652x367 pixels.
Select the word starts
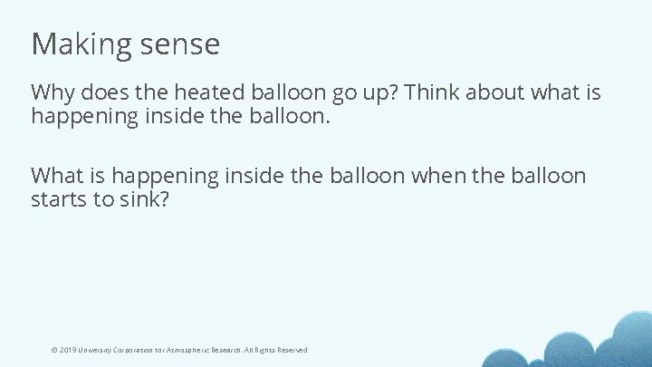pos(60,199)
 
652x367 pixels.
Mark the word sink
pos(143,199)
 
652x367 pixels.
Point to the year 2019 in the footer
pos(68,350)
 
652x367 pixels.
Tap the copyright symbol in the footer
pos(54,350)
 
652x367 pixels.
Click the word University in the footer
pos(96,350)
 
